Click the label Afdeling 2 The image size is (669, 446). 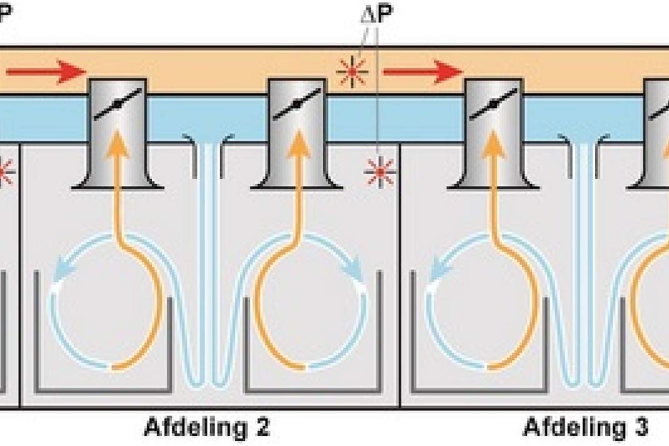[207, 427]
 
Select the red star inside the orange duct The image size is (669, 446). [352, 72]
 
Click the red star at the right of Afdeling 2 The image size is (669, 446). [380, 172]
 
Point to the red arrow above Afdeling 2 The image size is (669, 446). [46, 71]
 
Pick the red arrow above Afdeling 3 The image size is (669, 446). [423, 71]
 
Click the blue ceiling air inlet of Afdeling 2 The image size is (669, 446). [208, 156]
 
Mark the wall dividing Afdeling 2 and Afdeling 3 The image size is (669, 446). [400, 275]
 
